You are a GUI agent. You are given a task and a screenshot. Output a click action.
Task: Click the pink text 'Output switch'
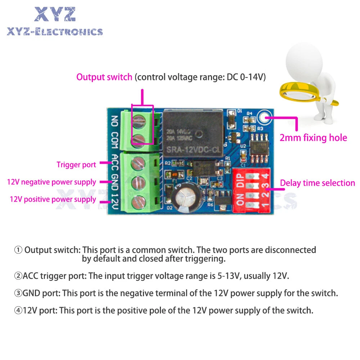click(104, 77)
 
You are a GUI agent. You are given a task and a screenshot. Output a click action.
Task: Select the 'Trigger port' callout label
click(76, 165)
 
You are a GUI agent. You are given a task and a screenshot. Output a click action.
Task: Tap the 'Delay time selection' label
click(318, 183)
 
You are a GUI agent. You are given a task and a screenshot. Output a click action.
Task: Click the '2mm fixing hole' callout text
click(313, 138)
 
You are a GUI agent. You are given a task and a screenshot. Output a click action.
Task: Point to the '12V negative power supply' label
click(51, 182)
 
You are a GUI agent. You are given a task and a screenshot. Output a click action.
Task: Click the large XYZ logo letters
click(55, 14)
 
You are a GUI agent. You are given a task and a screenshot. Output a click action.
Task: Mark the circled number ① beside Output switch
click(18, 250)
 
